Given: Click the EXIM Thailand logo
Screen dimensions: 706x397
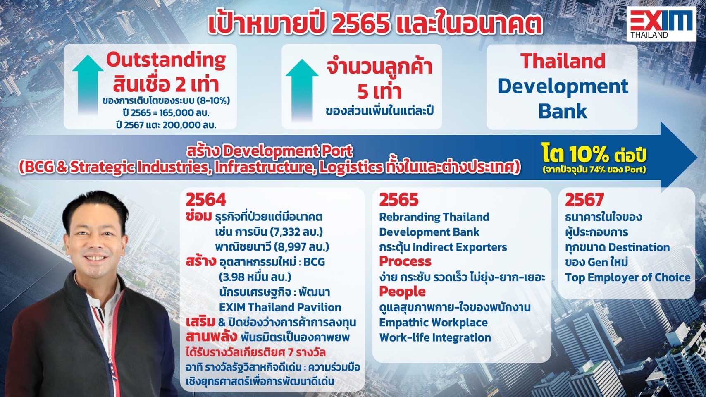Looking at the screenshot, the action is coord(661,24).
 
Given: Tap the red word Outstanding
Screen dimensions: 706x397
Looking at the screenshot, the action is coord(166,60).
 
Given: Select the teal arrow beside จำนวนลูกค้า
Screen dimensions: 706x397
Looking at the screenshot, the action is coord(302,90).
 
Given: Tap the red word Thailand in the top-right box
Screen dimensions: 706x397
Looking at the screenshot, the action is coord(563,60).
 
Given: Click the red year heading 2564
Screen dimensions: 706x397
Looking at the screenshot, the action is coord(206,200).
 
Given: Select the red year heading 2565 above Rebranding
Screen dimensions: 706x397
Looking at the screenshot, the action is coord(399,200).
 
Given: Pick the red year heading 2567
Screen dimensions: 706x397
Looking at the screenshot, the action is coord(584,200).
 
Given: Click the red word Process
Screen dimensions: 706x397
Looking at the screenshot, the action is coord(405,261).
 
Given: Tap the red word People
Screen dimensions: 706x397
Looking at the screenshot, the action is coord(402,292).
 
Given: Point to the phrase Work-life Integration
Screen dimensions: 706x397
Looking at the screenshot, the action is coord(435,338).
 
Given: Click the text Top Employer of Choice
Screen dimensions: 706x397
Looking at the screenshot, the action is coord(627,277).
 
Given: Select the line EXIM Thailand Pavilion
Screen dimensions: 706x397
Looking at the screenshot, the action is coord(280,307).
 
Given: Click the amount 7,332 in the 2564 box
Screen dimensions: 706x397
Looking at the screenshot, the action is coord(285,232).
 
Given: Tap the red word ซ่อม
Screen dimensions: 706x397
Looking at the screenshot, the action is coord(198,217).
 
